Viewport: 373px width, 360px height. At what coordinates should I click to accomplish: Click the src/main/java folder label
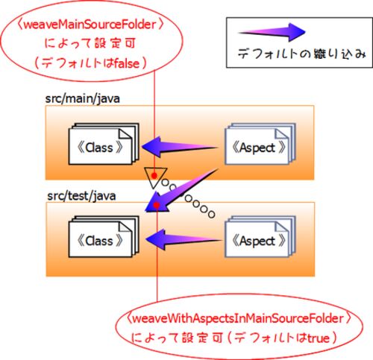82,99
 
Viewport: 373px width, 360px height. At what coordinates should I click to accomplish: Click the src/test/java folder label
81,196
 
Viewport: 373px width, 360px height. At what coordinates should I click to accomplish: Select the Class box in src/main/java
104,144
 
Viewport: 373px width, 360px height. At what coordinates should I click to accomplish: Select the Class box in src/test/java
104,237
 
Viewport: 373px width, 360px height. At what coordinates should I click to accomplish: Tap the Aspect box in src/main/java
260,144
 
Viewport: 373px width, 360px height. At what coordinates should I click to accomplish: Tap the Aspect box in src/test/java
260,237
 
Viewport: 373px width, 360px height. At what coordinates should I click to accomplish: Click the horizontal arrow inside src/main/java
180,147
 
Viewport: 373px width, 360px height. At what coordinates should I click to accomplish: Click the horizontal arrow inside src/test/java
184,239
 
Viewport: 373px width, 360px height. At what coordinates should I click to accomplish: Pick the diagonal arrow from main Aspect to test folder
181,190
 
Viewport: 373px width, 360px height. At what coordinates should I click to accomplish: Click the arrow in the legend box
272,32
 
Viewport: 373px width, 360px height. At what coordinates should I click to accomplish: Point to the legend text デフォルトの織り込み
301,54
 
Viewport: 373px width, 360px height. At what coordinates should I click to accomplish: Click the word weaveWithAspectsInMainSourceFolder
238,318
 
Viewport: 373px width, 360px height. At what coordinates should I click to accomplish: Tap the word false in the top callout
127,63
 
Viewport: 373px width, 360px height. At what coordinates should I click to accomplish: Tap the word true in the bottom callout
319,338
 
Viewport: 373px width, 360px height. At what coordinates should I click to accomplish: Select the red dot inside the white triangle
154,176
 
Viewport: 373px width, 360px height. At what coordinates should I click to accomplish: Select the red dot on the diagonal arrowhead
157,205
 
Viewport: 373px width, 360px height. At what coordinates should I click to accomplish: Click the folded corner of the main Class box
125,134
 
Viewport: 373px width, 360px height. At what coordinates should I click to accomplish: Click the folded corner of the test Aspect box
282,227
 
